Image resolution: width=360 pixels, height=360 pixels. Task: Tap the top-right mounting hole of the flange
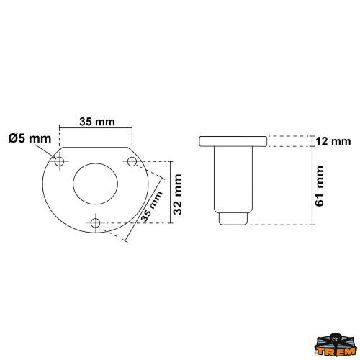132,160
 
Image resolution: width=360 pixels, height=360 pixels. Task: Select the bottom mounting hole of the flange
95,222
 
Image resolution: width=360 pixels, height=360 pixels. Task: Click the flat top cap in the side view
233,140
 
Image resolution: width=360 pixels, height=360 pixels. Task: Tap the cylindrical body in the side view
233,180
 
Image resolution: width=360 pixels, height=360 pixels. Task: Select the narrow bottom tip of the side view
233,218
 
